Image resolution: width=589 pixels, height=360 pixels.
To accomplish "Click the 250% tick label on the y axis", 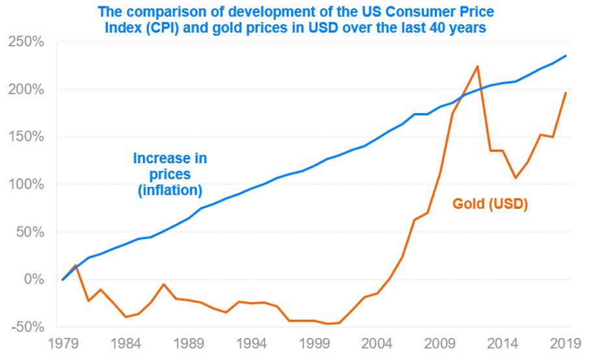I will [27, 42].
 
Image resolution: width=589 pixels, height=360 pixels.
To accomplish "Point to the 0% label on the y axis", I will [34, 279].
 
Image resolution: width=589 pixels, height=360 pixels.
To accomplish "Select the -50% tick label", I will [27, 326].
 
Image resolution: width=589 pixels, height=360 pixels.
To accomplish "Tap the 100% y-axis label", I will [27, 185].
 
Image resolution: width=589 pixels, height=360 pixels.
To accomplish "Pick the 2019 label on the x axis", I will [564, 342].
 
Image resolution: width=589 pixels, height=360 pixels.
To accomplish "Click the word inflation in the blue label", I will [171, 190].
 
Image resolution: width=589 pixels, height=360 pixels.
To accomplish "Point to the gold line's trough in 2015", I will [515, 178].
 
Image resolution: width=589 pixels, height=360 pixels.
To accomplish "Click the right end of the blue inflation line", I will [566, 55].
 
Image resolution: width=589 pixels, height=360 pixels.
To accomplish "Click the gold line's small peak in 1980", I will [75, 265].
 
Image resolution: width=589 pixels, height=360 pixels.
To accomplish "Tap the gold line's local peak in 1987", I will [163, 284].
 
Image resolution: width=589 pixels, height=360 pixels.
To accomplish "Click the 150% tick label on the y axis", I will [27, 137].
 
